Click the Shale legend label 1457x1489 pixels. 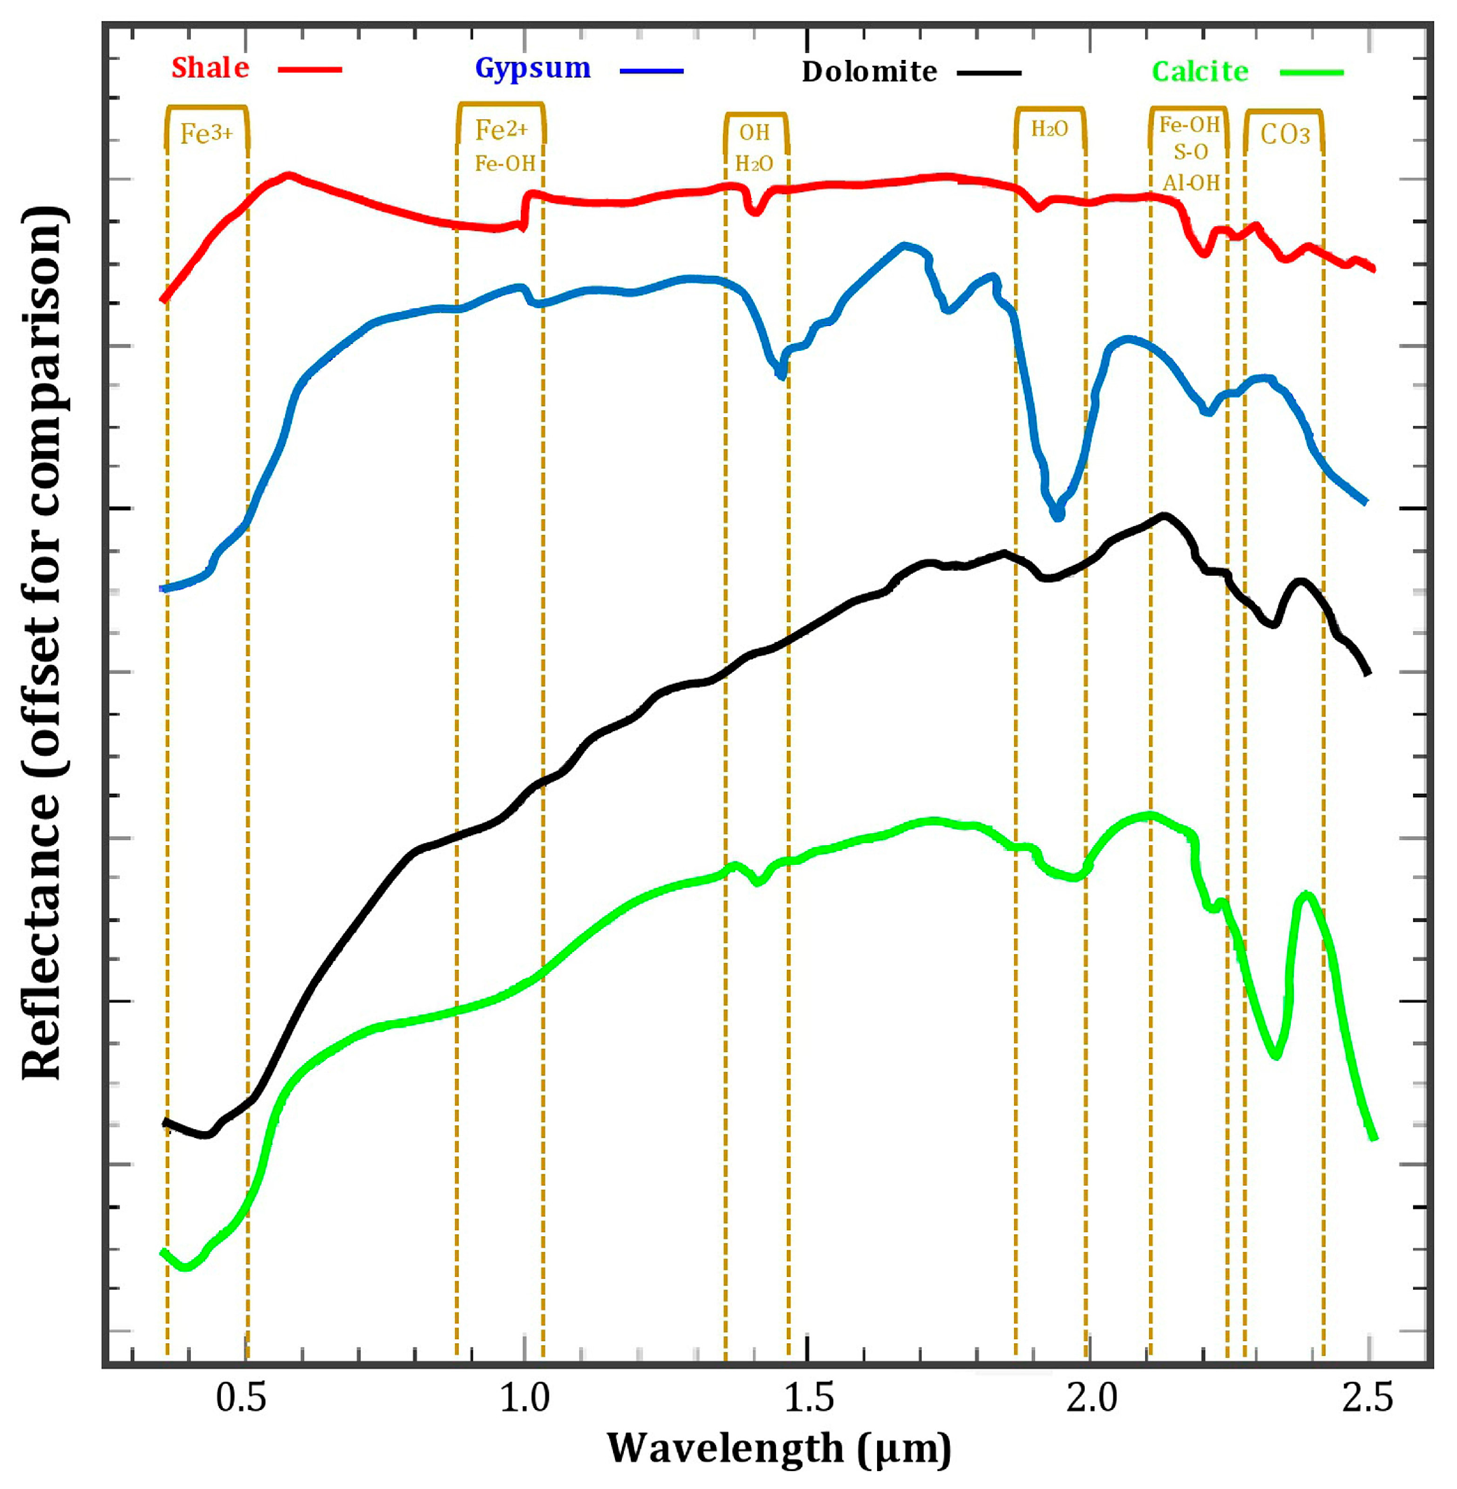(209, 68)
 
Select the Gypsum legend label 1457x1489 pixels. (533, 68)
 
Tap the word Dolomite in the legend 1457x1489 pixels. (869, 72)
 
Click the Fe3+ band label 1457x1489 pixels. (206, 134)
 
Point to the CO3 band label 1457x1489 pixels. (1285, 135)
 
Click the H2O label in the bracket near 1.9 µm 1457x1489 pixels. (1049, 129)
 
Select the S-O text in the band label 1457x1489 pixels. (1190, 152)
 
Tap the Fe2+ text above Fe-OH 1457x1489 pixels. (501, 130)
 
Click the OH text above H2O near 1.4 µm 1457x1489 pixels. (754, 132)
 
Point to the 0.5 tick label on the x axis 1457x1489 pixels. (241, 1399)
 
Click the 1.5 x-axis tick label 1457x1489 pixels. (809, 1399)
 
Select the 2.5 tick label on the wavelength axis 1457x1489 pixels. (1369, 1399)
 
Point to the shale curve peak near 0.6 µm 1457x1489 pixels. (288, 175)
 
